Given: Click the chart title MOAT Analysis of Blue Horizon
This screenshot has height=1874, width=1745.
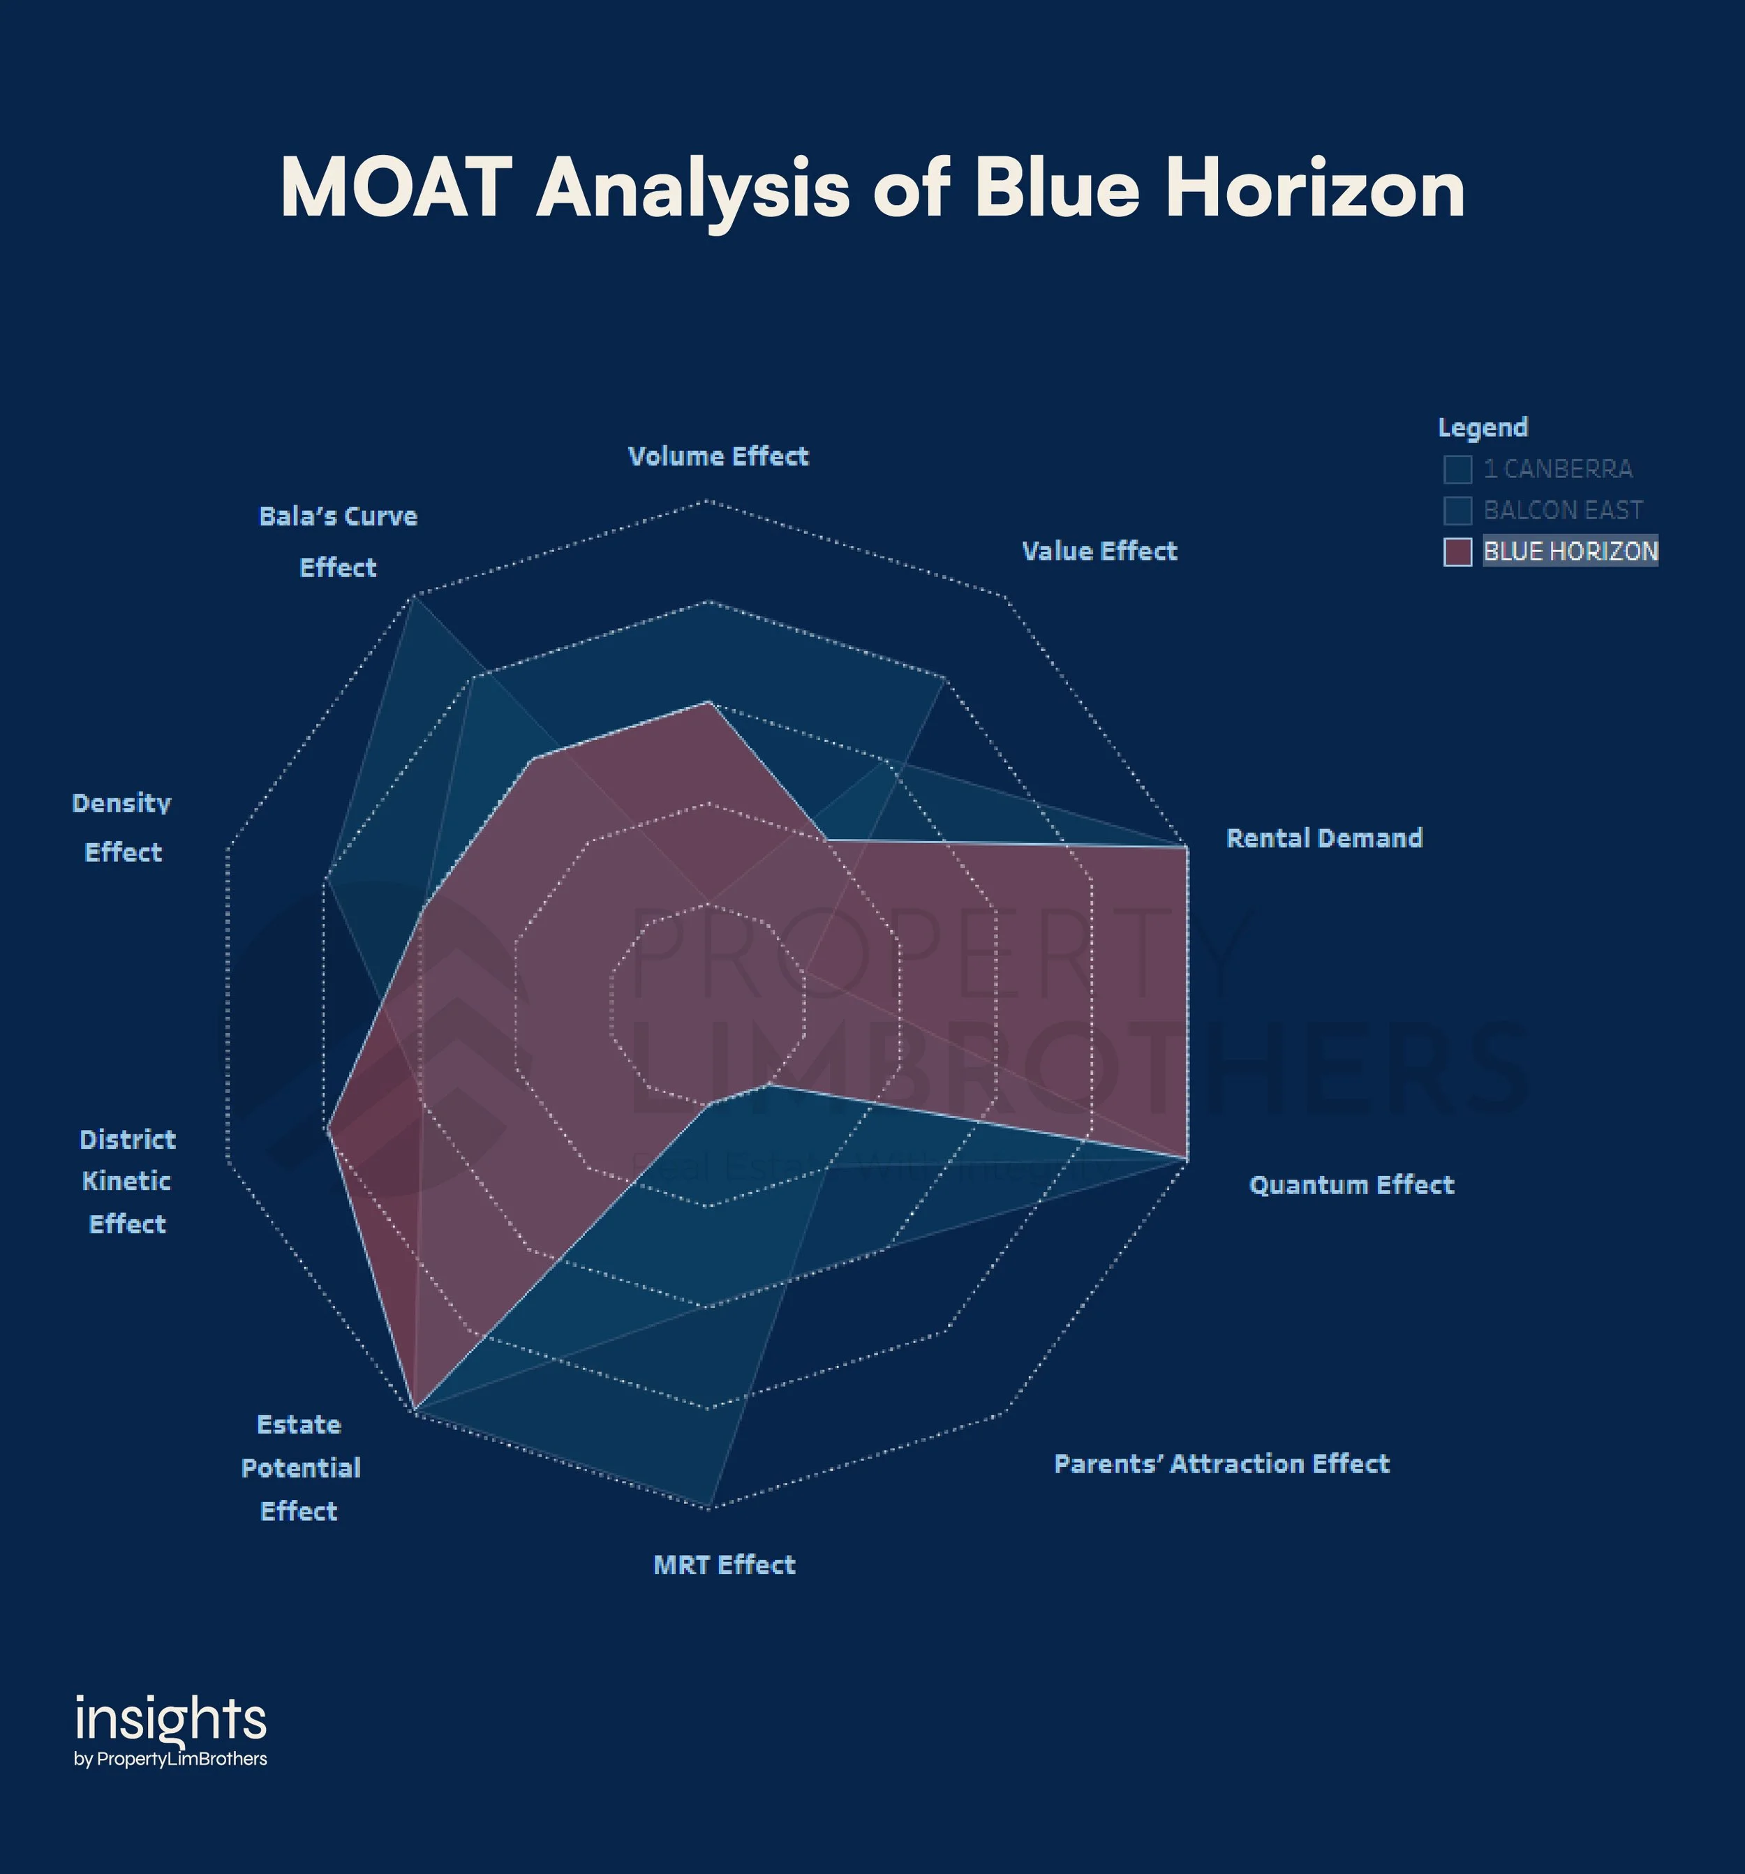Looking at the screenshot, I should pyautogui.click(x=872, y=188).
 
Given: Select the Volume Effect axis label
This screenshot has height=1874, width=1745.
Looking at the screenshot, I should pyautogui.click(x=718, y=456).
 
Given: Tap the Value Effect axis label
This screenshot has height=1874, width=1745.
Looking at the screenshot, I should pyautogui.click(x=1099, y=551).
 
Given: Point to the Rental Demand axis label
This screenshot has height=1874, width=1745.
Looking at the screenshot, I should pyautogui.click(x=1323, y=838).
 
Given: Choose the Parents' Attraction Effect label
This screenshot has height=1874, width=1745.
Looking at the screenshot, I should pyautogui.click(x=1221, y=1463).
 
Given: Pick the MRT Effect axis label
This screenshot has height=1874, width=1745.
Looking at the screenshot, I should pyautogui.click(x=724, y=1565).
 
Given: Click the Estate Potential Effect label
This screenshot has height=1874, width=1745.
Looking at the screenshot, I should pyautogui.click(x=299, y=1467).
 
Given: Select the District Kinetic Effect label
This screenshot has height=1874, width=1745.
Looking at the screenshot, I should pyautogui.click(x=127, y=1181).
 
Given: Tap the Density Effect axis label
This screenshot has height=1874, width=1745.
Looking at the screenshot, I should pyautogui.click(x=123, y=828).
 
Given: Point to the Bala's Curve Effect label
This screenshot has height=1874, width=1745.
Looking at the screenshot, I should pyautogui.click(x=338, y=541).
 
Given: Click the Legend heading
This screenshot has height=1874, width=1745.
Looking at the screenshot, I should pyautogui.click(x=1482, y=427).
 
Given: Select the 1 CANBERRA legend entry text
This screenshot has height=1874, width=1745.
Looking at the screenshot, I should pyautogui.click(x=1557, y=468).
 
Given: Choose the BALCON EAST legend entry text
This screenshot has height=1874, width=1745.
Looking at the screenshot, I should pyautogui.click(x=1562, y=510).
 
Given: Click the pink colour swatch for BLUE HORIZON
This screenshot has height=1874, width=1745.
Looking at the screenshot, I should pyautogui.click(x=1457, y=551).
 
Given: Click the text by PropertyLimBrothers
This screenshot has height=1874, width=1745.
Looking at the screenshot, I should pyautogui.click(x=170, y=1759).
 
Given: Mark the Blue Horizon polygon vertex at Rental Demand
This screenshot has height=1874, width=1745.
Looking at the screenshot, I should pyautogui.click(x=1187, y=847).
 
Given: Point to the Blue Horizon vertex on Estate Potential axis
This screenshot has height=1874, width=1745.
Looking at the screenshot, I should pyautogui.click(x=415, y=1411).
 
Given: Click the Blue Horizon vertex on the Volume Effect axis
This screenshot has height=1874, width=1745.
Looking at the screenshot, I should pyautogui.click(x=709, y=702).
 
